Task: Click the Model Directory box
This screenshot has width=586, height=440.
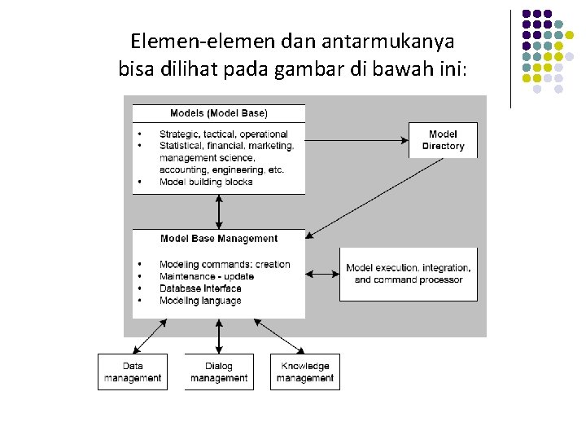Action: tap(443, 140)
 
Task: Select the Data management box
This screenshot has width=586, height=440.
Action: tap(133, 372)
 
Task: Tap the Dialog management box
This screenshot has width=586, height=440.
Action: tap(219, 372)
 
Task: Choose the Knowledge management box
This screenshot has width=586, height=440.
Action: tap(305, 372)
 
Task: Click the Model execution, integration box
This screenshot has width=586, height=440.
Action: tap(409, 274)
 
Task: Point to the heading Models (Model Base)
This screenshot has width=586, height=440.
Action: tap(218, 112)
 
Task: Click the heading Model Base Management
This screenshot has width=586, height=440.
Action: tap(219, 239)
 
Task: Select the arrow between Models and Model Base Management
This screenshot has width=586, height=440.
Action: tap(219, 212)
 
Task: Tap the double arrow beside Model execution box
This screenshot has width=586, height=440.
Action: tap(324, 274)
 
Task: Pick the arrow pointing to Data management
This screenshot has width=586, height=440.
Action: tap(151, 335)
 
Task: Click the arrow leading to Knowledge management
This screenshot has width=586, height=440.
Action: tap(282, 335)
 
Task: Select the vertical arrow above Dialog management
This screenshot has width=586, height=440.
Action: tap(219, 336)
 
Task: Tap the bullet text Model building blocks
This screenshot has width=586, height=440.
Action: tap(206, 182)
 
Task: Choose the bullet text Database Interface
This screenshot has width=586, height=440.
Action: tap(200, 288)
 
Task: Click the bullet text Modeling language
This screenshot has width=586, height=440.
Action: tap(200, 301)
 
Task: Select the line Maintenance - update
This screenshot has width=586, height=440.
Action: tap(207, 276)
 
